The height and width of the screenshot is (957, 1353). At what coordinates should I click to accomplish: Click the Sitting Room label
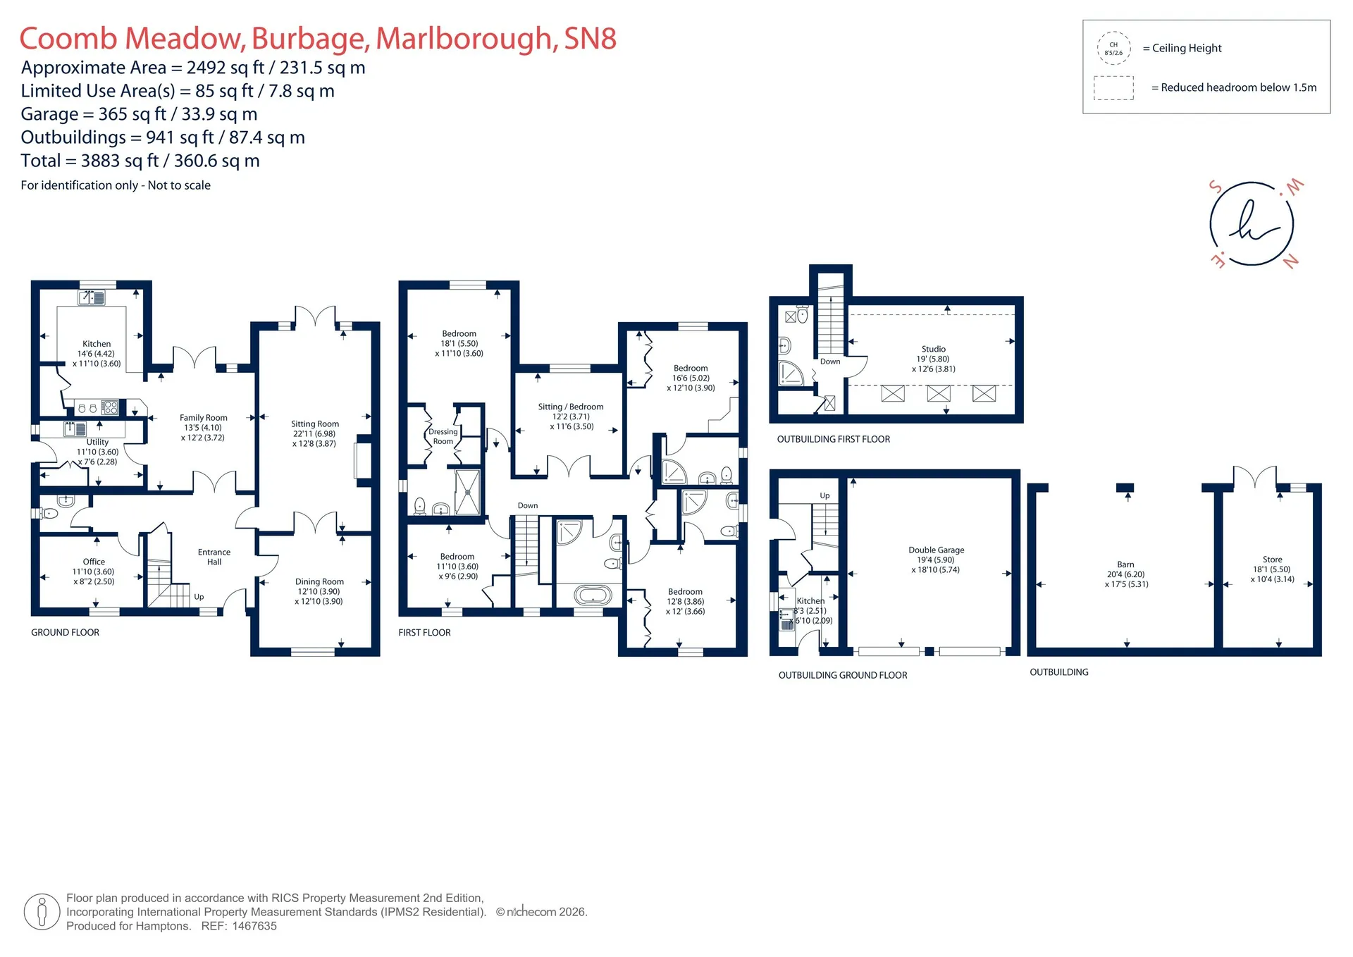click(315, 424)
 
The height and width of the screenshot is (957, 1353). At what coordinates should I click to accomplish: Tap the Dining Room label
click(319, 582)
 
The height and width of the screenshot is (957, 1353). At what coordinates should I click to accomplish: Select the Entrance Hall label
click(214, 557)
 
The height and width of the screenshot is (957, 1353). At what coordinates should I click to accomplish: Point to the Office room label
click(94, 562)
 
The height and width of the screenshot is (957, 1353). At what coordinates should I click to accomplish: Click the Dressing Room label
click(443, 436)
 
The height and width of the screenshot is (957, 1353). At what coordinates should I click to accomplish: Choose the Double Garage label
click(936, 550)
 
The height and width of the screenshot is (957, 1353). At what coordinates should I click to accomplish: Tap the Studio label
click(934, 349)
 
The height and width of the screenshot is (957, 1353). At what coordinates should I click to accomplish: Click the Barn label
click(1125, 564)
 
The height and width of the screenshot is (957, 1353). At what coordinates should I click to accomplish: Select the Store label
click(1272, 560)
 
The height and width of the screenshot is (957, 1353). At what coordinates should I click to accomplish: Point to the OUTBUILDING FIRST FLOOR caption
click(833, 439)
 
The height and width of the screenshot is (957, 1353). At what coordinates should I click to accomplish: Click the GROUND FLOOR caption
click(65, 632)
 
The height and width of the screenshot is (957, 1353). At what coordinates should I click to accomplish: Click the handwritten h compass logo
click(1252, 223)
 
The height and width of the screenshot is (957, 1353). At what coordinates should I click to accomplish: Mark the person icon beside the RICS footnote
click(42, 912)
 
